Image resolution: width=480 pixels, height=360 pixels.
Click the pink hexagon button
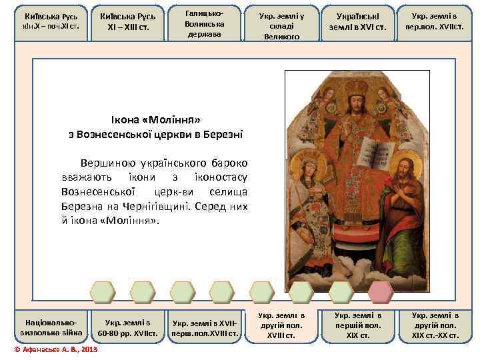[x=381, y=291]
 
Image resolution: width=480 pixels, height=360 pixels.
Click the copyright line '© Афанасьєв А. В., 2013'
[x=56, y=350]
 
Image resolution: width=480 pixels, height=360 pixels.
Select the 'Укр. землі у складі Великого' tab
[x=281, y=23]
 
